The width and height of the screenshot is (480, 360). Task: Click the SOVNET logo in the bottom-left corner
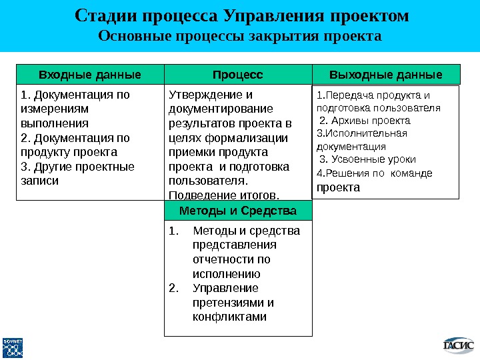(x=13, y=346)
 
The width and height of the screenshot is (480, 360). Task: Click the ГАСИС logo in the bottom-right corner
(x=459, y=345)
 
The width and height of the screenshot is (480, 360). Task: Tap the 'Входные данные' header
(x=90, y=74)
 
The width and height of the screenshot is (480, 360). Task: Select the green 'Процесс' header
(x=238, y=74)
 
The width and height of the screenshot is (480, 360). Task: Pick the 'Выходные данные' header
(x=386, y=74)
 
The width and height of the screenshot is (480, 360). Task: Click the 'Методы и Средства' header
(x=238, y=211)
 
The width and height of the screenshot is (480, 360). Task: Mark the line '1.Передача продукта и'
(x=373, y=95)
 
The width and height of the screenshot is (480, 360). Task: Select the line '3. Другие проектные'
(x=77, y=166)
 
